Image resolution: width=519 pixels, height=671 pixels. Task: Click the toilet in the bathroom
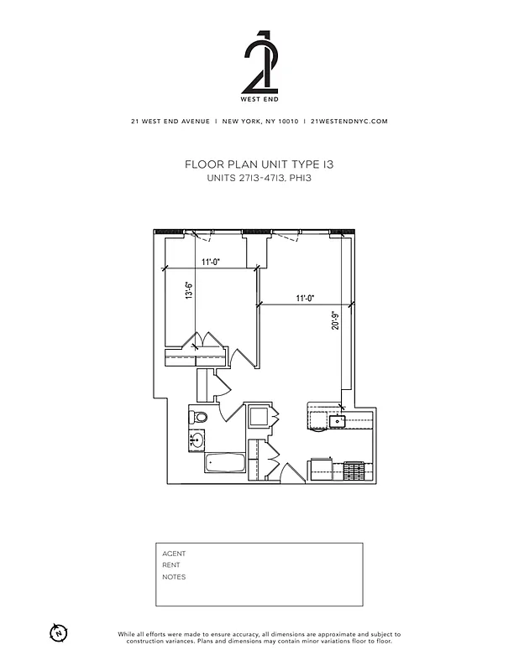[x=200, y=417]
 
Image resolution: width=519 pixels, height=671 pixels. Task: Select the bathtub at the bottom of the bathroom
[x=224, y=463]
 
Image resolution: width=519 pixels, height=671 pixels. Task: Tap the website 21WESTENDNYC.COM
[x=349, y=122]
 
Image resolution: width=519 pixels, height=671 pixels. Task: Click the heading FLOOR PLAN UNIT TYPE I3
[x=259, y=165]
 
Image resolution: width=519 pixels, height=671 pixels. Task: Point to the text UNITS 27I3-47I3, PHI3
[x=259, y=178]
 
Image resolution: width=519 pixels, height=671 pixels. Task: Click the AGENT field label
[x=174, y=554]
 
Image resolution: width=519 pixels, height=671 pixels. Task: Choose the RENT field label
[x=171, y=565]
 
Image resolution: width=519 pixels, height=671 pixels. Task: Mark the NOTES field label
[x=174, y=577]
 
